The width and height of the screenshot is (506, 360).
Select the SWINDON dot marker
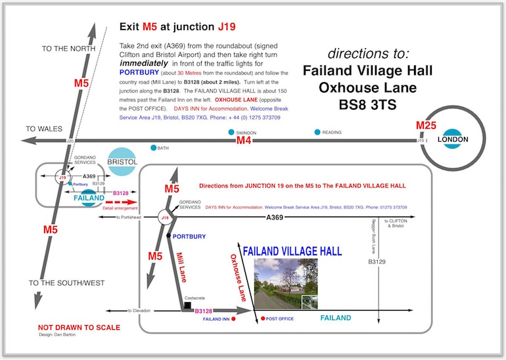coord(231,132)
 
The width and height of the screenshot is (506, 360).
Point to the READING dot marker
coord(317,132)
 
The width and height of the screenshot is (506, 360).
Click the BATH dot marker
coord(153,148)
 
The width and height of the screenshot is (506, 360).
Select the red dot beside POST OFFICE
coord(262,319)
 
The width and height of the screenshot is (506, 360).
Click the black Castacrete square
coord(187,306)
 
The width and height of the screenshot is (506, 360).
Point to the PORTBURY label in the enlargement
coord(190,236)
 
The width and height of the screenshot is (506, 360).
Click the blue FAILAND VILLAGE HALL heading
coord(292,250)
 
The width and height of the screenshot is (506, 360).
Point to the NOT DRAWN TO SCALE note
coord(80,327)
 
